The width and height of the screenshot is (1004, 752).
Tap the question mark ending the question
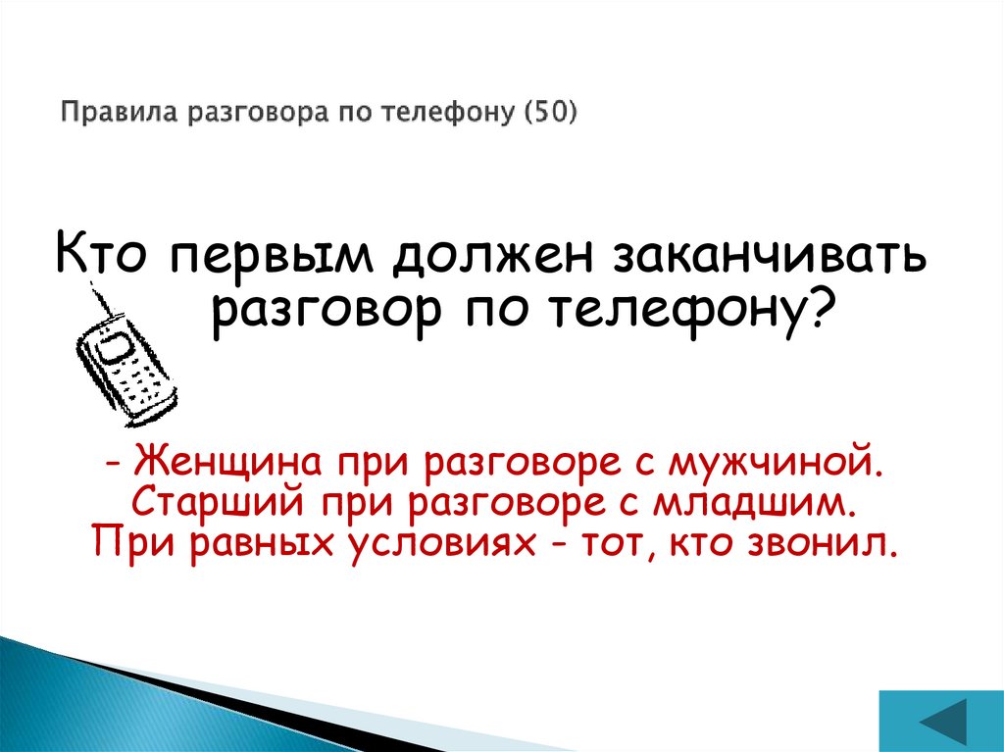coord(826,310)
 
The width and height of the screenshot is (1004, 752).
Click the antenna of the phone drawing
coord(101,300)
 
